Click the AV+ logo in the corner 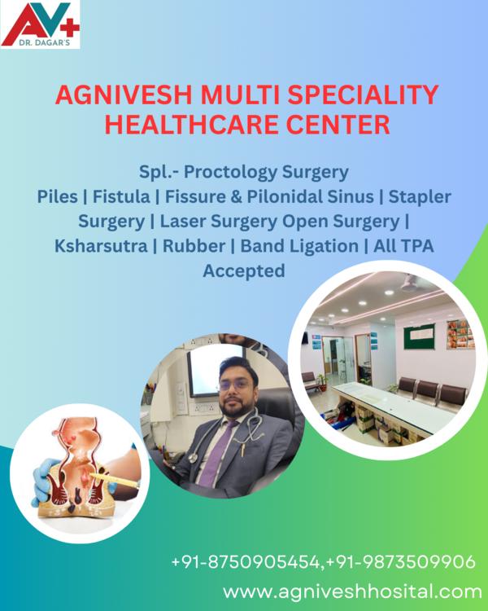40,24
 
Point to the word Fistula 121,196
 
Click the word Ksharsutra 101,246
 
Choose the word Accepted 244,270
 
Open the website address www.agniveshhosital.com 352,591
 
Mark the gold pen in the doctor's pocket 245,448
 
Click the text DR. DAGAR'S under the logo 45,43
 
